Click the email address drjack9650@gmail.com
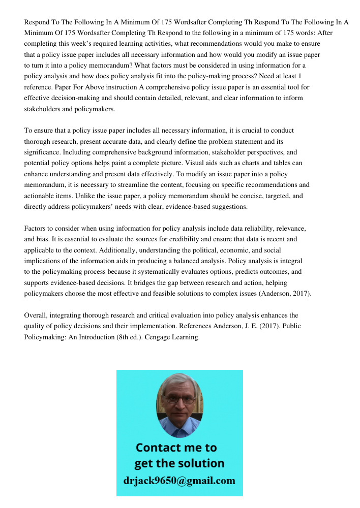coord(179,481)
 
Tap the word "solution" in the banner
coord(200,464)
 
